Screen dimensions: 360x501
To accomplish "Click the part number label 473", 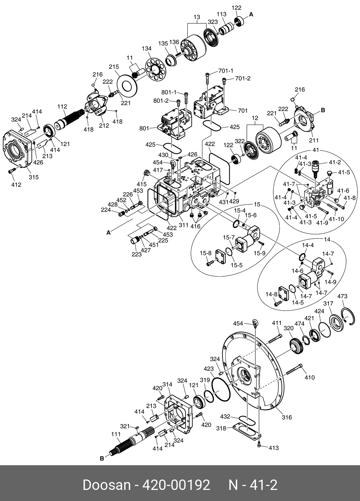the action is point(342,296).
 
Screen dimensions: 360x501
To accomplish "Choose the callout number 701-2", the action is point(243,78).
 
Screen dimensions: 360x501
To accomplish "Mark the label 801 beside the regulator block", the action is point(144,128).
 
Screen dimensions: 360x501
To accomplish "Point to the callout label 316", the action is point(287,417).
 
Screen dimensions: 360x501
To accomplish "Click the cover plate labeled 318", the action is point(247,430).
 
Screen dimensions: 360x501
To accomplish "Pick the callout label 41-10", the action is point(336,219).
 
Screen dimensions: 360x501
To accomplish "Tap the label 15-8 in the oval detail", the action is point(206,253).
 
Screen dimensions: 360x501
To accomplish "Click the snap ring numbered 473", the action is point(349,316).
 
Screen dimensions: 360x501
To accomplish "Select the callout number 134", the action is point(147,48).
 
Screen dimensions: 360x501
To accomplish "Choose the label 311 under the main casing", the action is point(183,225).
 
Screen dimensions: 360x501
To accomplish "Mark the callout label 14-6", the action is point(297,271).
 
